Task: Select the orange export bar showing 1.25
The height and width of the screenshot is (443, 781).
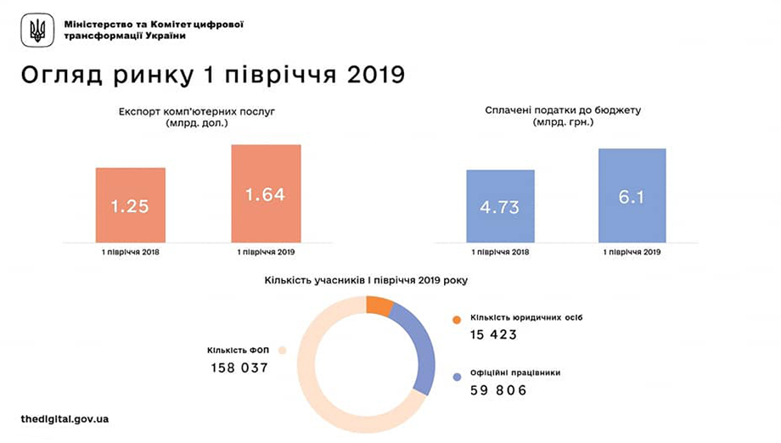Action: [130, 205]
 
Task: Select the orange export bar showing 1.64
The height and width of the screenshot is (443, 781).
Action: [265, 193]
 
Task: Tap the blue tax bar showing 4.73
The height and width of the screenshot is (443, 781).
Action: [500, 206]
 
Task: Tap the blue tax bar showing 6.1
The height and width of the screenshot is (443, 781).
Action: [632, 195]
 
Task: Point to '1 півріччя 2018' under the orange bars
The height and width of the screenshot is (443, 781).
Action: [130, 252]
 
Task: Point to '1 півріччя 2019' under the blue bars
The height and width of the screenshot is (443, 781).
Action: [632, 252]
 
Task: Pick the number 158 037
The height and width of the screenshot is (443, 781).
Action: [239, 368]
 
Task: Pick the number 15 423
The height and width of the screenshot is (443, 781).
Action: [493, 334]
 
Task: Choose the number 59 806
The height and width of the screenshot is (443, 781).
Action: [498, 390]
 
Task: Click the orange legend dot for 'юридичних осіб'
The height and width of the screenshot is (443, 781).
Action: [457, 319]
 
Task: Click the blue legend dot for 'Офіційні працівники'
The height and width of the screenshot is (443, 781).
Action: [457, 375]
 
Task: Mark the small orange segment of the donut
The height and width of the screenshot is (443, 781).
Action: [379, 306]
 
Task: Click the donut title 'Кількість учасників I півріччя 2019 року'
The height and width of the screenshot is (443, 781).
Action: [365, 279]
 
